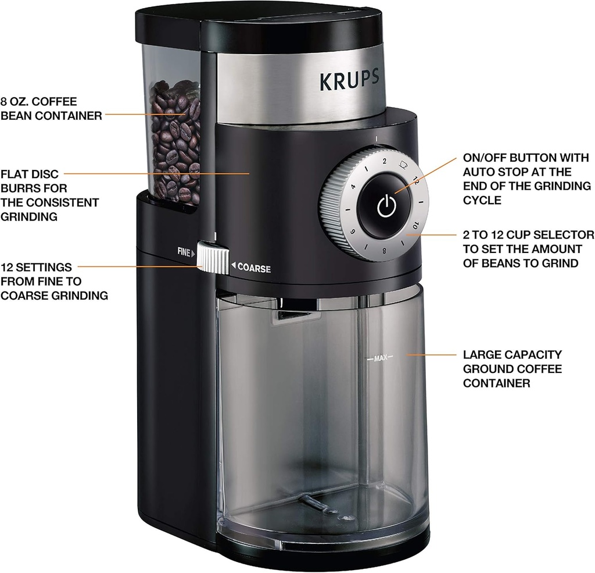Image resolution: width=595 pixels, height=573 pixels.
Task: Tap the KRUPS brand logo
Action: [349, 80]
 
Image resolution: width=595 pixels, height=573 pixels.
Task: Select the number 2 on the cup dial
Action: [383, 160]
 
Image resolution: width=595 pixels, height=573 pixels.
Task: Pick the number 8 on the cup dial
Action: [385, 252]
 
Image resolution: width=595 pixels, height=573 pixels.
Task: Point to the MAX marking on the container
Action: [380, 358]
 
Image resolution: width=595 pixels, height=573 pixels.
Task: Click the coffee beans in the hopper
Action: [174, 140]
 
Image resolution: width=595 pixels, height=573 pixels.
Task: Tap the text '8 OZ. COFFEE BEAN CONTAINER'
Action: [51, 109]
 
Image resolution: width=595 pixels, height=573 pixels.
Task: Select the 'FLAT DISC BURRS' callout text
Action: [49, 195]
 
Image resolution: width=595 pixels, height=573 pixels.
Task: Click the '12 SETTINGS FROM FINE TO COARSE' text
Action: [54, 282]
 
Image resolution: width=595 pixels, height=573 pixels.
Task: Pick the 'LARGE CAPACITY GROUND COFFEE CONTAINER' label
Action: [512, 369]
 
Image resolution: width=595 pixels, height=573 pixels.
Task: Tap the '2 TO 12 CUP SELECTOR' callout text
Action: [528, 248]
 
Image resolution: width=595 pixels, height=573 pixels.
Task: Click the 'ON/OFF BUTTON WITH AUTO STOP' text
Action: [526, 179]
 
